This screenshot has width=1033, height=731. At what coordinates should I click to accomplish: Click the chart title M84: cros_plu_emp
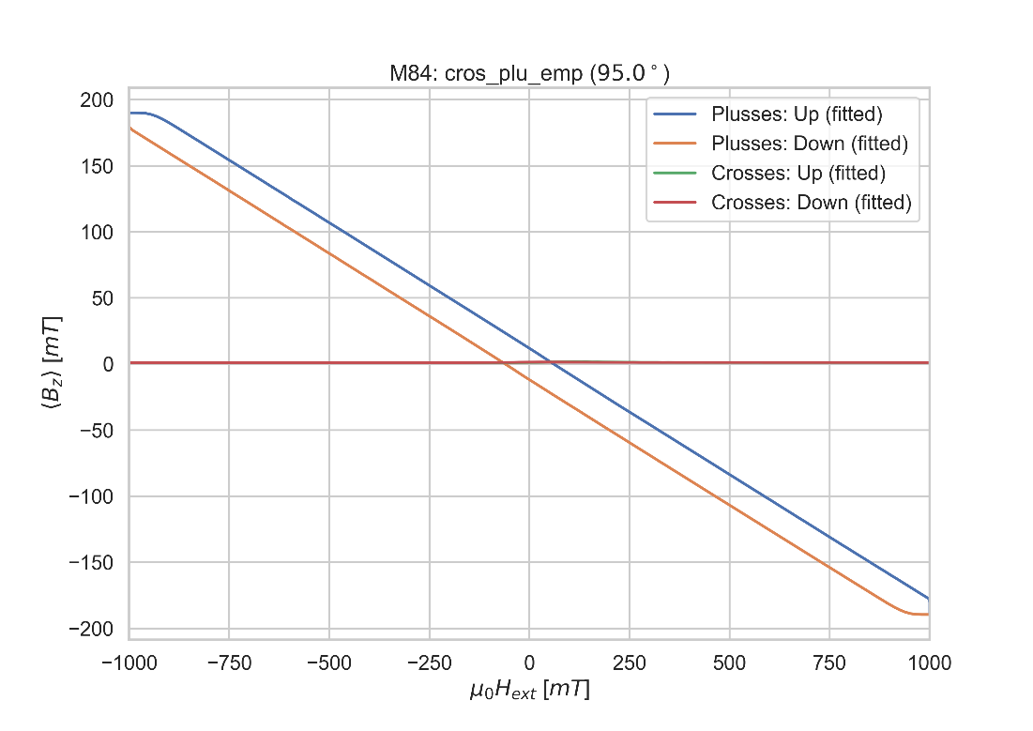[529, 75]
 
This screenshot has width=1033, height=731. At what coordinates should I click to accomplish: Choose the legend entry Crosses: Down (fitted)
[812, 202]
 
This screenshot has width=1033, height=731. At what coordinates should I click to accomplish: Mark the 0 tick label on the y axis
[108, 364]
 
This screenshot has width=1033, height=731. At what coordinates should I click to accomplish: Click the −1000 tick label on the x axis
[129, 662]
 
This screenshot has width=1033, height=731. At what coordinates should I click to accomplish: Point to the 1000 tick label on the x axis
[929, 662]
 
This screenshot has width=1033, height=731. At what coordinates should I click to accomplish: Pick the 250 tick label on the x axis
[630, 662]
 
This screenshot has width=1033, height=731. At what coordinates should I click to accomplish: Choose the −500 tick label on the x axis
[328, 662]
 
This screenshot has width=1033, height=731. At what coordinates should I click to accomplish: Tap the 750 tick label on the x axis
[829, 662]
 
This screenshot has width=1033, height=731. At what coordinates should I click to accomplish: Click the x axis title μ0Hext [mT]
[529, 692]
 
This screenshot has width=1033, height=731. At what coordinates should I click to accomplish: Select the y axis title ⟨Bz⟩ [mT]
[54, 363]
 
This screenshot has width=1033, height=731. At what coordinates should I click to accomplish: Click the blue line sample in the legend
[677, 114]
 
